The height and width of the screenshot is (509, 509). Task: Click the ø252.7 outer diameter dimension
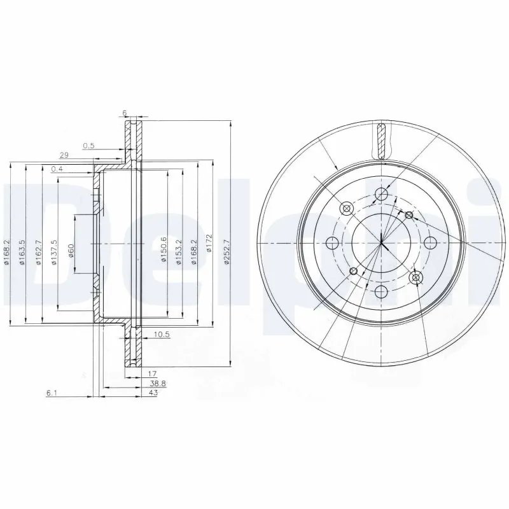click(x=225, y=244)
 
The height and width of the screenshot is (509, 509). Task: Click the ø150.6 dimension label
click(x=164, y=244)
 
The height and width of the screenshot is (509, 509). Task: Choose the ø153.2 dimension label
click(x=179, y=244)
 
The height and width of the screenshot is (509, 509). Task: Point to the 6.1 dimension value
click(x=52, y=394)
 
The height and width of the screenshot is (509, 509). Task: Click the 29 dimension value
click(x=64, y=155)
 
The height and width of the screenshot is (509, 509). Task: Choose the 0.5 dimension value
click(x=88, y=146)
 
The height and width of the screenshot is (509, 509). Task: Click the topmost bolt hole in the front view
click(x=381, y=194)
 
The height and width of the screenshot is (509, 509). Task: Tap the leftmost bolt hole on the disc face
click(x=332, y=242)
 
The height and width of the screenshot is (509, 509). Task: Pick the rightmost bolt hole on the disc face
click(x=430, y=242)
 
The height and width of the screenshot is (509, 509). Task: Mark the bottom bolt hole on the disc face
click(x=381, y=291)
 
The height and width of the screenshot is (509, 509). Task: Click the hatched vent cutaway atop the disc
click(x=381, y=141)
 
